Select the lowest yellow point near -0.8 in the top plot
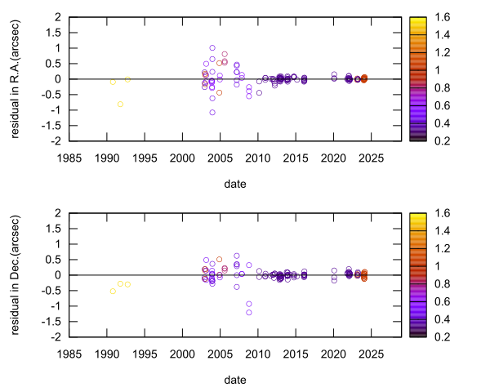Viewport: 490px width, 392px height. (120, 104)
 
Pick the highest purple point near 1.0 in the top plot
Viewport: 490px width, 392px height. (212, 48)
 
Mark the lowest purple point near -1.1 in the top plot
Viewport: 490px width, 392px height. (212, 113)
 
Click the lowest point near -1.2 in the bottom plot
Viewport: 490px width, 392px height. (249, 312)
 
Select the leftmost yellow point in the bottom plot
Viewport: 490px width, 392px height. (113, 291)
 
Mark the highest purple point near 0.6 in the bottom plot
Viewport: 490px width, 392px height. (237, 256)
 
